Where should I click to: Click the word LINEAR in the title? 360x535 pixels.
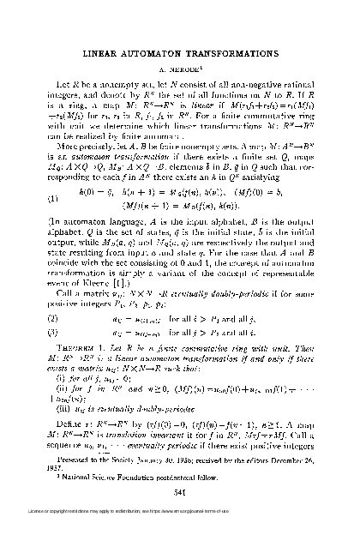tap(111, 53)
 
